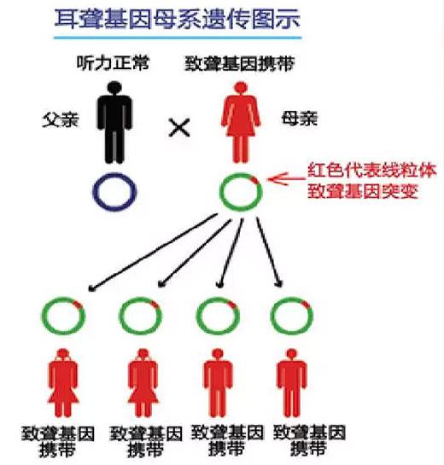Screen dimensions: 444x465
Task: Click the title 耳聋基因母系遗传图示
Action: pos(178,20)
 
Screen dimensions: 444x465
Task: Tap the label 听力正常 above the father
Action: pos(113,63)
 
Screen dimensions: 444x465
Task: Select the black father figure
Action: pos(114,122)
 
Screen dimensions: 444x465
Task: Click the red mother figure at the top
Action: pos(241,122)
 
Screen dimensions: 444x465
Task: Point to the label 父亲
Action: pos(61,120)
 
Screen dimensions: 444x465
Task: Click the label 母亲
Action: pos(299,119)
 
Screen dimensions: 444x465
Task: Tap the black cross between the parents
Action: pos(179,127)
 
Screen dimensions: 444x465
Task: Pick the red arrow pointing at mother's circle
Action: pos(286,178)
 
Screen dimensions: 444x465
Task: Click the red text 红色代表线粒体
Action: pos(372,171)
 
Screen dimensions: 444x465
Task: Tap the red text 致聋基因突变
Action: pos(363,191)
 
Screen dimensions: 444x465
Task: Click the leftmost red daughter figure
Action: pos(63,383)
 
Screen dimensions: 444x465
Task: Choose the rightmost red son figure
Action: pos(292,383)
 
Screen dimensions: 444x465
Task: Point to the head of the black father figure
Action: pos(114,88)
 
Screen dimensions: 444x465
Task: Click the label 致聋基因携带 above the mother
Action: pos(240,63)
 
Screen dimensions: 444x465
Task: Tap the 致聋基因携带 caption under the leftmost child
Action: pos(58,442)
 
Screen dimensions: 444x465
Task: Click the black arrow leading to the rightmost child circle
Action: pos(269,253)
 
